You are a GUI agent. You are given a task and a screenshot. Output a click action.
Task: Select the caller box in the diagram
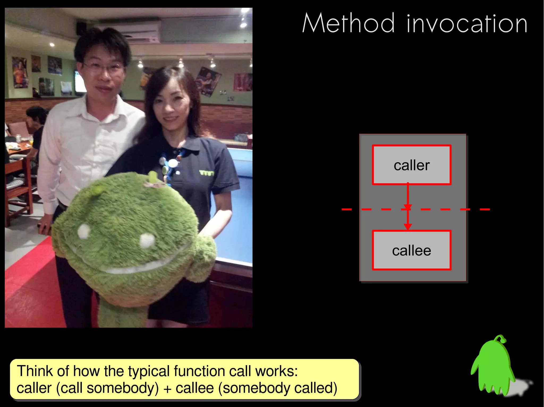point(411,165)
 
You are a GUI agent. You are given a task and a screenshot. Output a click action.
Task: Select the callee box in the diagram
point(411,250)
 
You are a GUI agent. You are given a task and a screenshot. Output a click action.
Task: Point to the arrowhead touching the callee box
point(408,227)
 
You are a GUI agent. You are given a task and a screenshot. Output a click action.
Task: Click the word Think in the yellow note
point(35,371)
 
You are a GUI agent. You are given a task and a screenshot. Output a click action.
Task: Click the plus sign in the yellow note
point(167,389)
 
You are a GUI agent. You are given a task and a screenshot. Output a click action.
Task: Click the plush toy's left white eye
point(84,231)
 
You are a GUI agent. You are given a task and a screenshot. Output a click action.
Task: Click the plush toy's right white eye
point(147,240)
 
